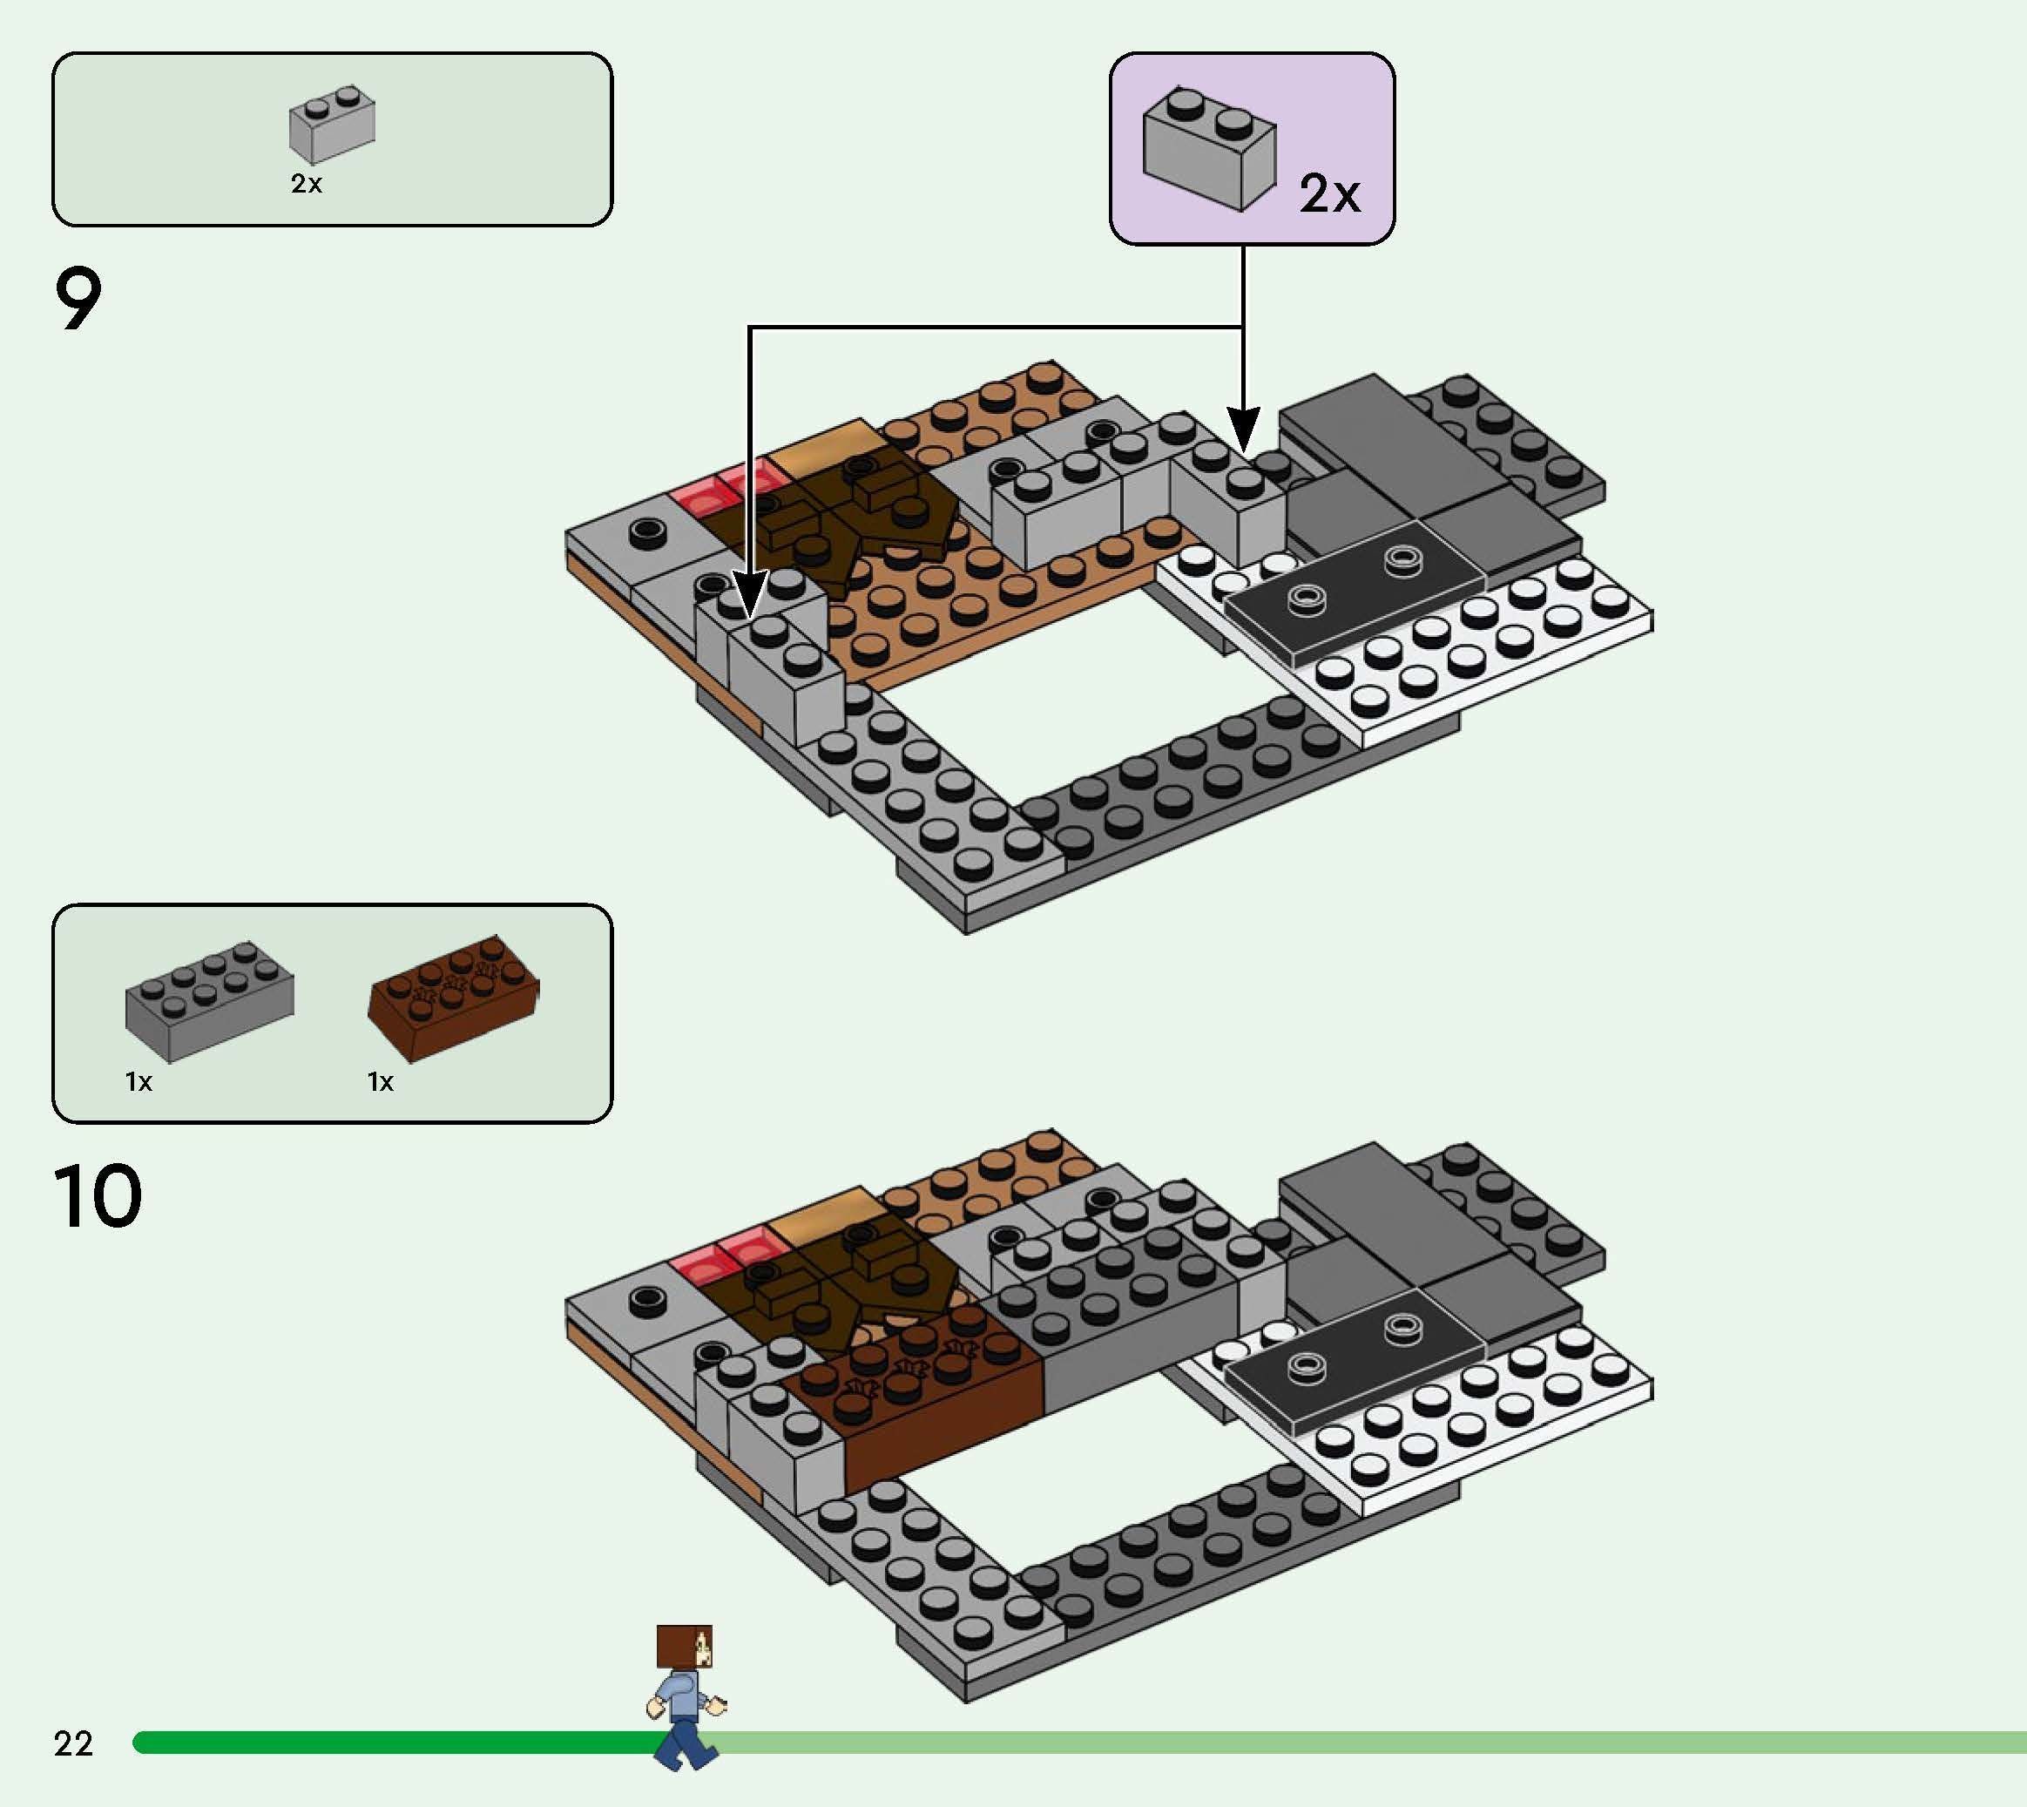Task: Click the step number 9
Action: click(78, 299)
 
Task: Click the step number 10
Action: click(98, 1196)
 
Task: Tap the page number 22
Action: click(73, 1743)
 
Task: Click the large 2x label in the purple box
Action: click(1329, 193)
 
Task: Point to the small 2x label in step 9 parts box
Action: click(307, 184)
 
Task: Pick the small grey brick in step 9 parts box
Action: click(332, 124)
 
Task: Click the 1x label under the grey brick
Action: click(139, 1082)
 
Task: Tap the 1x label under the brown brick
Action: click(380, 1082)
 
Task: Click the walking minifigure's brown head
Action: click(684, 1645)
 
